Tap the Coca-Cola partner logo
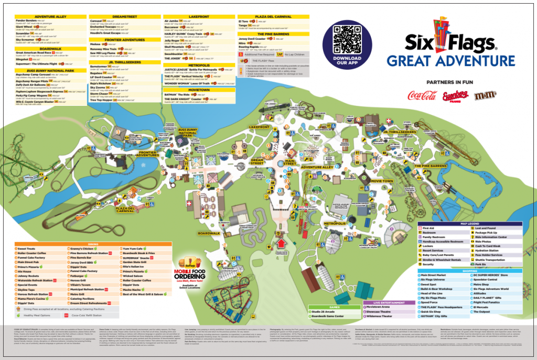(x=422, y=95)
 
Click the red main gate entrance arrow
(x=282, y=243)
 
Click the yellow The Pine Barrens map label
(x=430, y=166)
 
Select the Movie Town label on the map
(x=382, y=181)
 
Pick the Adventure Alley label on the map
(x=317, y=167)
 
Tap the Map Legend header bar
(x=470, y=224)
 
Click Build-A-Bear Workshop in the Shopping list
(x=436, y=289)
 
